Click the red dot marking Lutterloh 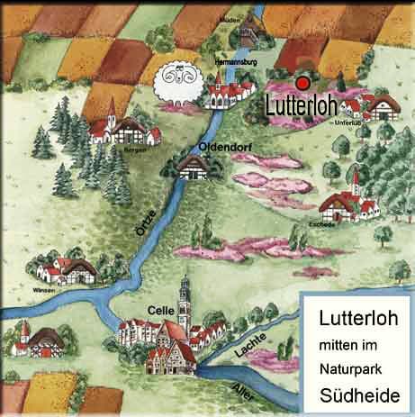click(x=303, y=82)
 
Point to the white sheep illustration click(x=176, y=84)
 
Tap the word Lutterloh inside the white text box click(x=356, y=318)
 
